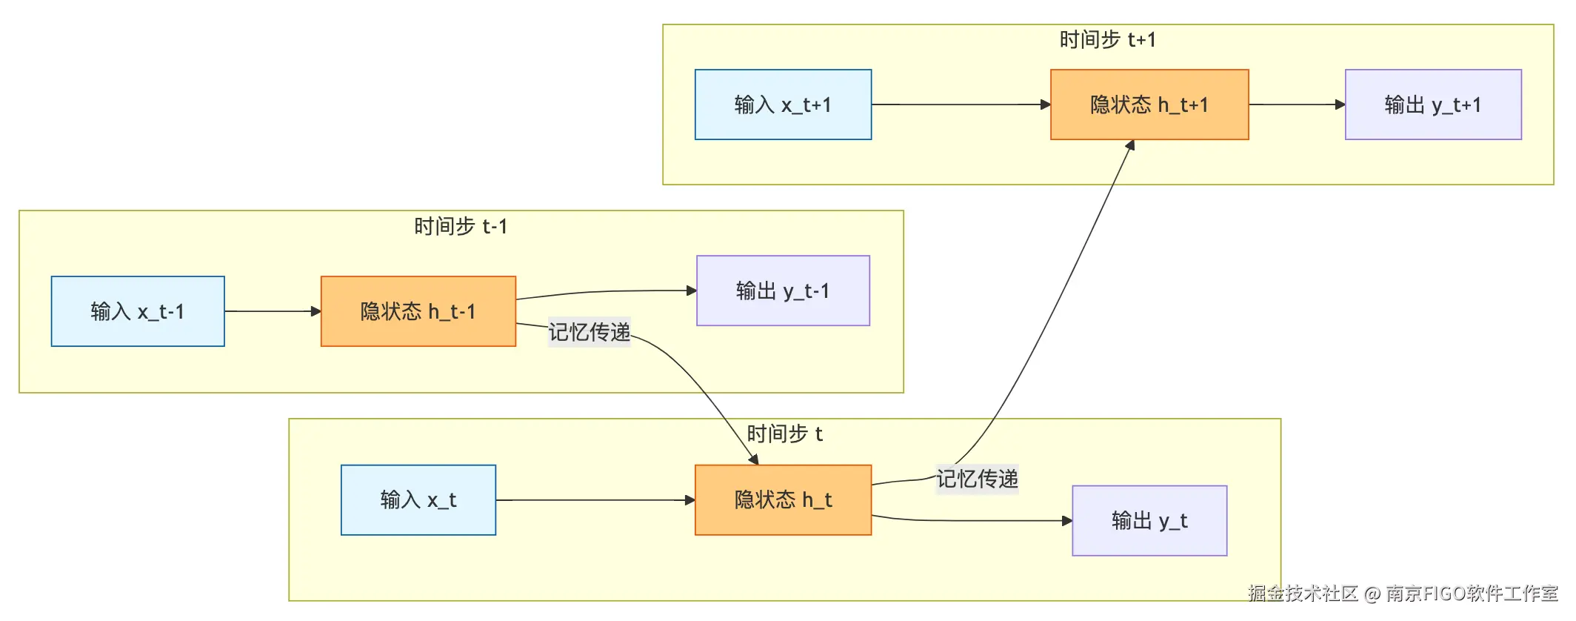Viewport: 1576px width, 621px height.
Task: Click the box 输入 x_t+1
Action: click(783, 104)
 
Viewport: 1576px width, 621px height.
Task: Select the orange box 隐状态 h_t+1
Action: click(1149, 104)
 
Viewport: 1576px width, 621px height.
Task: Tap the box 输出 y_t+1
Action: click(1432, 104)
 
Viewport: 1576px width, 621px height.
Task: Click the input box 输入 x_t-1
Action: click(138, 311)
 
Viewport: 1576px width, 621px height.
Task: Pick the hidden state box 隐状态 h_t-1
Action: click(418, 311)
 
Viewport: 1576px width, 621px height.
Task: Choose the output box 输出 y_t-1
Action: click(783, 290)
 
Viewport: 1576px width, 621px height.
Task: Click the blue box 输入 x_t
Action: click(418, 500)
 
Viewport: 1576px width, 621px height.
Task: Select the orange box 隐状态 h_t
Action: click(783, 500)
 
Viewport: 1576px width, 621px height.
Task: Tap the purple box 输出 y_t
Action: click(1149, 521)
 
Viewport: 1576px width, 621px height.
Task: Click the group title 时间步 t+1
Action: click(1107, 40)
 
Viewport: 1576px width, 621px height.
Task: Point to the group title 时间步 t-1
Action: click(461, 226)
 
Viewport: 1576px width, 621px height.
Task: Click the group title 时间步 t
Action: click(784, 434)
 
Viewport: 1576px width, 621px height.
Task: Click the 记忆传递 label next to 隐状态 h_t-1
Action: click(589, 332)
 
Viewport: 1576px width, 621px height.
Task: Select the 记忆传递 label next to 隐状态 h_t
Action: click(977, 479)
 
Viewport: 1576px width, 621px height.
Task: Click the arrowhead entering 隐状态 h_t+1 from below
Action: click(1130, 145)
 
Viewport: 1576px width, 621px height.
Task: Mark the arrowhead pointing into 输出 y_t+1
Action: click(1340, 104)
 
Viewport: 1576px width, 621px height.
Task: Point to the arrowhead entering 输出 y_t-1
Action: click(692, 290)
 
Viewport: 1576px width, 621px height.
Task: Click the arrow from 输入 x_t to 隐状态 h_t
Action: click(592, 500)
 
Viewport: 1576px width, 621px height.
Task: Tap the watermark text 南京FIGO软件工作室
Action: click(1472, 594)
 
